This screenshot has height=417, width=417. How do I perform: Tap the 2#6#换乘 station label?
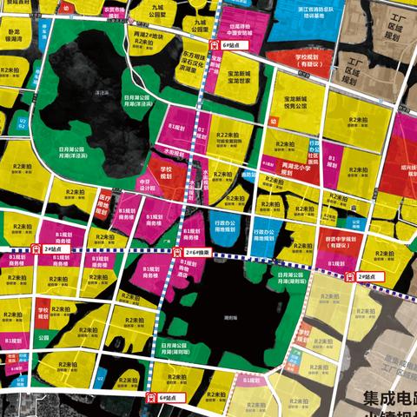click(196, 254)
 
